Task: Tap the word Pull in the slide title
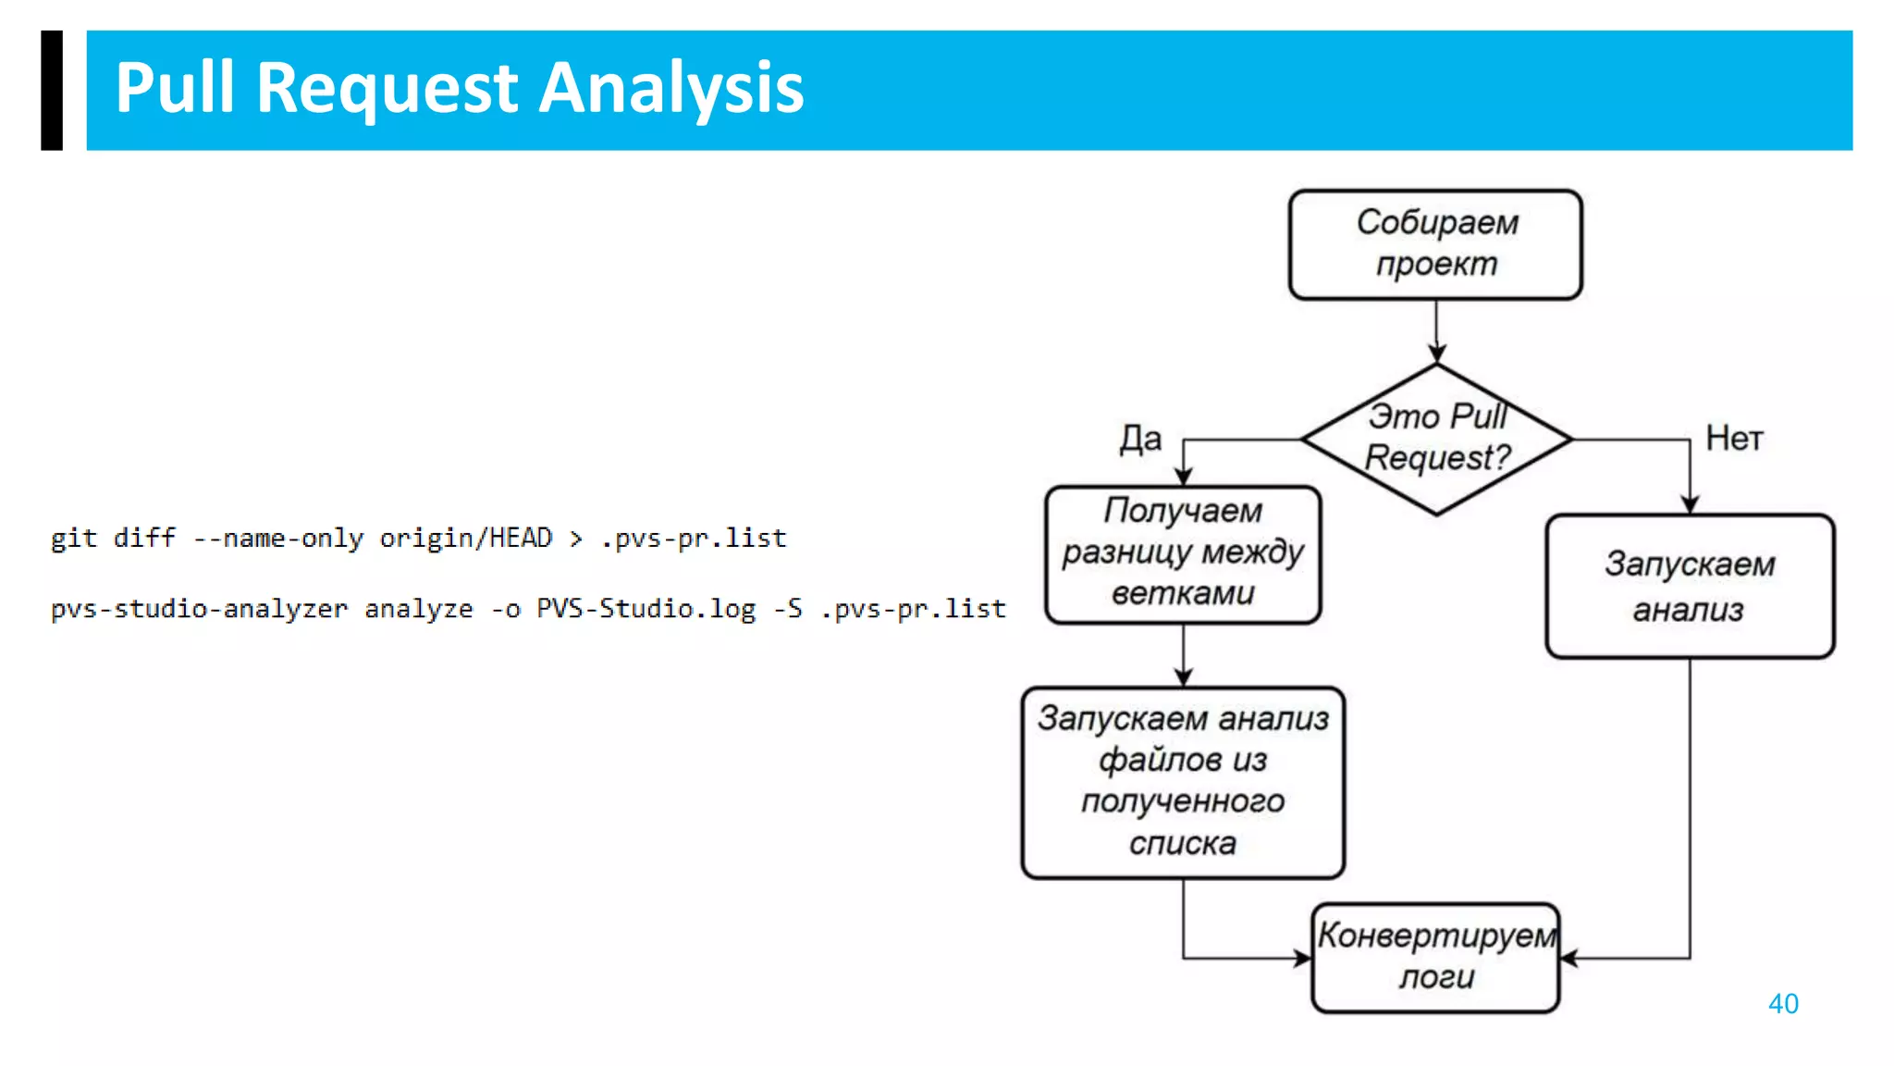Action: (174, 88)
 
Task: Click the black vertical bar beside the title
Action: (52, 90)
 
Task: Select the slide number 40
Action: (1782, 1003)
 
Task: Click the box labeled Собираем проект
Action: (1435, 244)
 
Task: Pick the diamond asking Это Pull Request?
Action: (1436, 439)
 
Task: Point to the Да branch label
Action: (1140, 439)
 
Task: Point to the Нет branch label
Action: (1734, 439)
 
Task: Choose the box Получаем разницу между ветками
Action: (1183, 553)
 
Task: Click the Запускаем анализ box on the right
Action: (1689, 586)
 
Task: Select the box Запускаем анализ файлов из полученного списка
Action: (1183, 782)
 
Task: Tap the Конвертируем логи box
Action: (1435, 957)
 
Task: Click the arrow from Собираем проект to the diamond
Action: (1436, 331)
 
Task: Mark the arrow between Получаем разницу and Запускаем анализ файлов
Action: (1183, 655)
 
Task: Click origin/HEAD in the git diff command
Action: (465, 538)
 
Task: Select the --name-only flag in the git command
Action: (277, 538)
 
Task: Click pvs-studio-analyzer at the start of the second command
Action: (199, 608)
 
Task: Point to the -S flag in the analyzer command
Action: (788, 608)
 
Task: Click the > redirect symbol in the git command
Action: (576, 539)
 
